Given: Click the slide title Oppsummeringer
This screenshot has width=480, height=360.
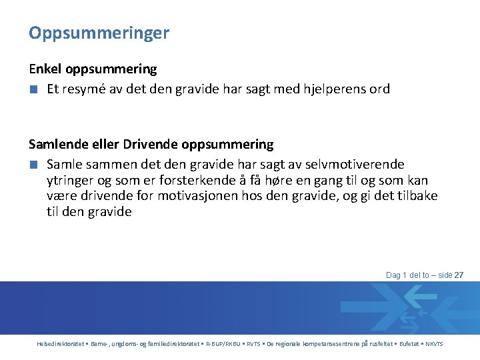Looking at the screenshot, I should click(99, 33).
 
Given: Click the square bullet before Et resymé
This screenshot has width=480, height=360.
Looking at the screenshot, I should click(33, 89).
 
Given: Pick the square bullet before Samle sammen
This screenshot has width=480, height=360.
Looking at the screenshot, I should click(33, 164).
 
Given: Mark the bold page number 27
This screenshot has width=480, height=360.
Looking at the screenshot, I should click(459, 275).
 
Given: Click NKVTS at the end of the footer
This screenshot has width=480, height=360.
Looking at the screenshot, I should click(434, 344).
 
